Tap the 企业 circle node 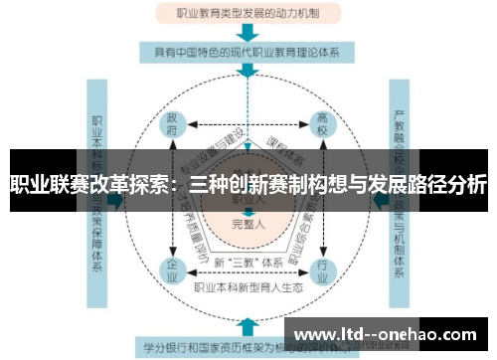coord(172,269)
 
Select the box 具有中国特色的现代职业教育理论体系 coord(248,52)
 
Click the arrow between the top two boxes coord(248,33)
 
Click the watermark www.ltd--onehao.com coord(387,333)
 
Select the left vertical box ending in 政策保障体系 coord(97,194)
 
